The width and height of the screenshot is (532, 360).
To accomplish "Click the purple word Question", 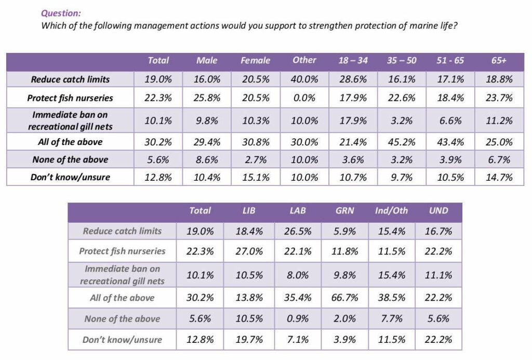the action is pyautogui.click(x=61, y=13).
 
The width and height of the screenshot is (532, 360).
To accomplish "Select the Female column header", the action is pyautogui.click(x=256, y=60).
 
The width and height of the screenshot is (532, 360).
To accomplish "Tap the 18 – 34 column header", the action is pyautogui.click(x=353, y=60).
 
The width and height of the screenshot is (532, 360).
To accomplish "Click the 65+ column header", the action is pyautogui.click(x=499, y=60).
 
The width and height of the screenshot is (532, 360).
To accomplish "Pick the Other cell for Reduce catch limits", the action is pyautogui.click(x=304, y=79).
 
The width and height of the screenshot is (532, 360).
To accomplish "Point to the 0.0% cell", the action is pyautogui.click(x=304, y=98).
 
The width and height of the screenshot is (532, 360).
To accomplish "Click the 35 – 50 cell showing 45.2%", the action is pyautogui.click(x=402, y=142).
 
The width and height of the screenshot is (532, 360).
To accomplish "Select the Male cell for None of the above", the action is pyautogui.click(x=207, y=160).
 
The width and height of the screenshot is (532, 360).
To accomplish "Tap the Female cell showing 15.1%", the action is pyautogui.click(x=256, y=178).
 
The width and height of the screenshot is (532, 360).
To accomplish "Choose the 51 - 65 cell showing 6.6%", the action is pyautogui.click(x=450, y=121).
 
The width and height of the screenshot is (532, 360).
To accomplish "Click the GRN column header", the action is pyautogui.click(x=345, y=211).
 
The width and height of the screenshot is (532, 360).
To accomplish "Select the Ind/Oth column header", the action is pyautogui.click(x=391, y=211).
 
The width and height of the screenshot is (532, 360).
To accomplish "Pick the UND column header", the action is pyautogui.click(x=438, y=211).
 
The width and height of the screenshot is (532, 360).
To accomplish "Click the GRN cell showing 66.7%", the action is pyautogui.click(x=345, y=298).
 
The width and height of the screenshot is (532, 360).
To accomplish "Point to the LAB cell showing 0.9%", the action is pyautogui.click(x=298, y=318).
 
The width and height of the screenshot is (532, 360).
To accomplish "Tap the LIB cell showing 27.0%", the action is pyautogui.click(x=249, y=251).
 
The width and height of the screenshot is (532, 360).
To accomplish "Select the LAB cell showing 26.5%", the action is pyautogui.click(x=298, y=231).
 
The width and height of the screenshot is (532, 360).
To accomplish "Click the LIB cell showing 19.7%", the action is pyautogui.click(x=249, y=340).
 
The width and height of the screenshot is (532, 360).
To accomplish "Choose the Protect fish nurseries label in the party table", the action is pyautogui.click(x=122, y=251).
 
